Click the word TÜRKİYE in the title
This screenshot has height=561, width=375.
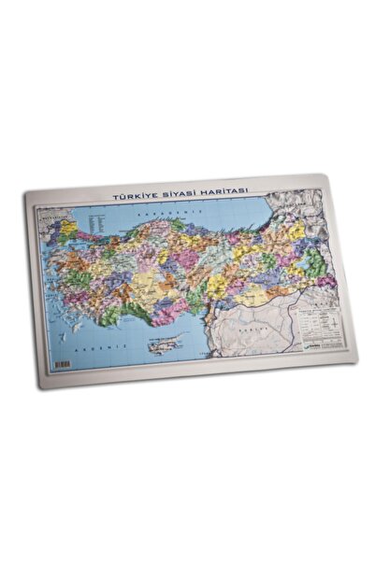click(133, 197)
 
